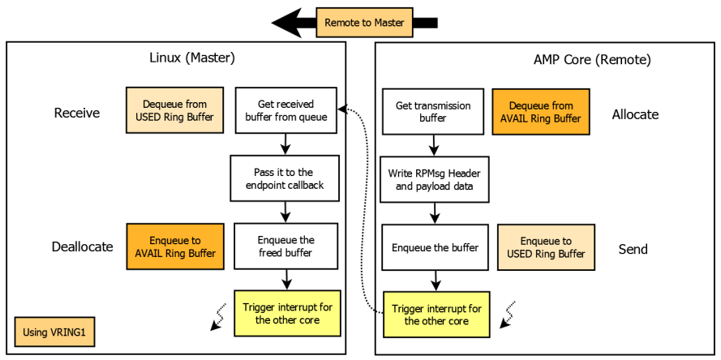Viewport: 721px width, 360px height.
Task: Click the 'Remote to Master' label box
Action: [364, 23]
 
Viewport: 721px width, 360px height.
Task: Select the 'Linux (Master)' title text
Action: [192, 58]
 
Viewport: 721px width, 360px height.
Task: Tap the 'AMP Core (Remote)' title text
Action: [592, 59]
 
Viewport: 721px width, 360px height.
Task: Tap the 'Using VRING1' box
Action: [55, 332]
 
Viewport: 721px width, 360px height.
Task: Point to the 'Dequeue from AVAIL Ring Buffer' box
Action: [540, 112]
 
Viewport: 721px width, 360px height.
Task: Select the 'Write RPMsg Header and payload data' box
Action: [434, 179]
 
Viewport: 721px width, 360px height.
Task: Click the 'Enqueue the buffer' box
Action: [434, 247]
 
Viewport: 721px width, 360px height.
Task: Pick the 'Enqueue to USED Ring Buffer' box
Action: [546, 247]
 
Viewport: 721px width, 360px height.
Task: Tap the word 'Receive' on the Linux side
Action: [77, 113]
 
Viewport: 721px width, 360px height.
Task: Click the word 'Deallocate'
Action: [82, 247]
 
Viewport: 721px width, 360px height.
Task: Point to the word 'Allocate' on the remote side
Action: [635, 114]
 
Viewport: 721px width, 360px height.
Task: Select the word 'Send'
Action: [633, 249]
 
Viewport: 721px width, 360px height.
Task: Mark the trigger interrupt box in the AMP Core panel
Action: [436, 315]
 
